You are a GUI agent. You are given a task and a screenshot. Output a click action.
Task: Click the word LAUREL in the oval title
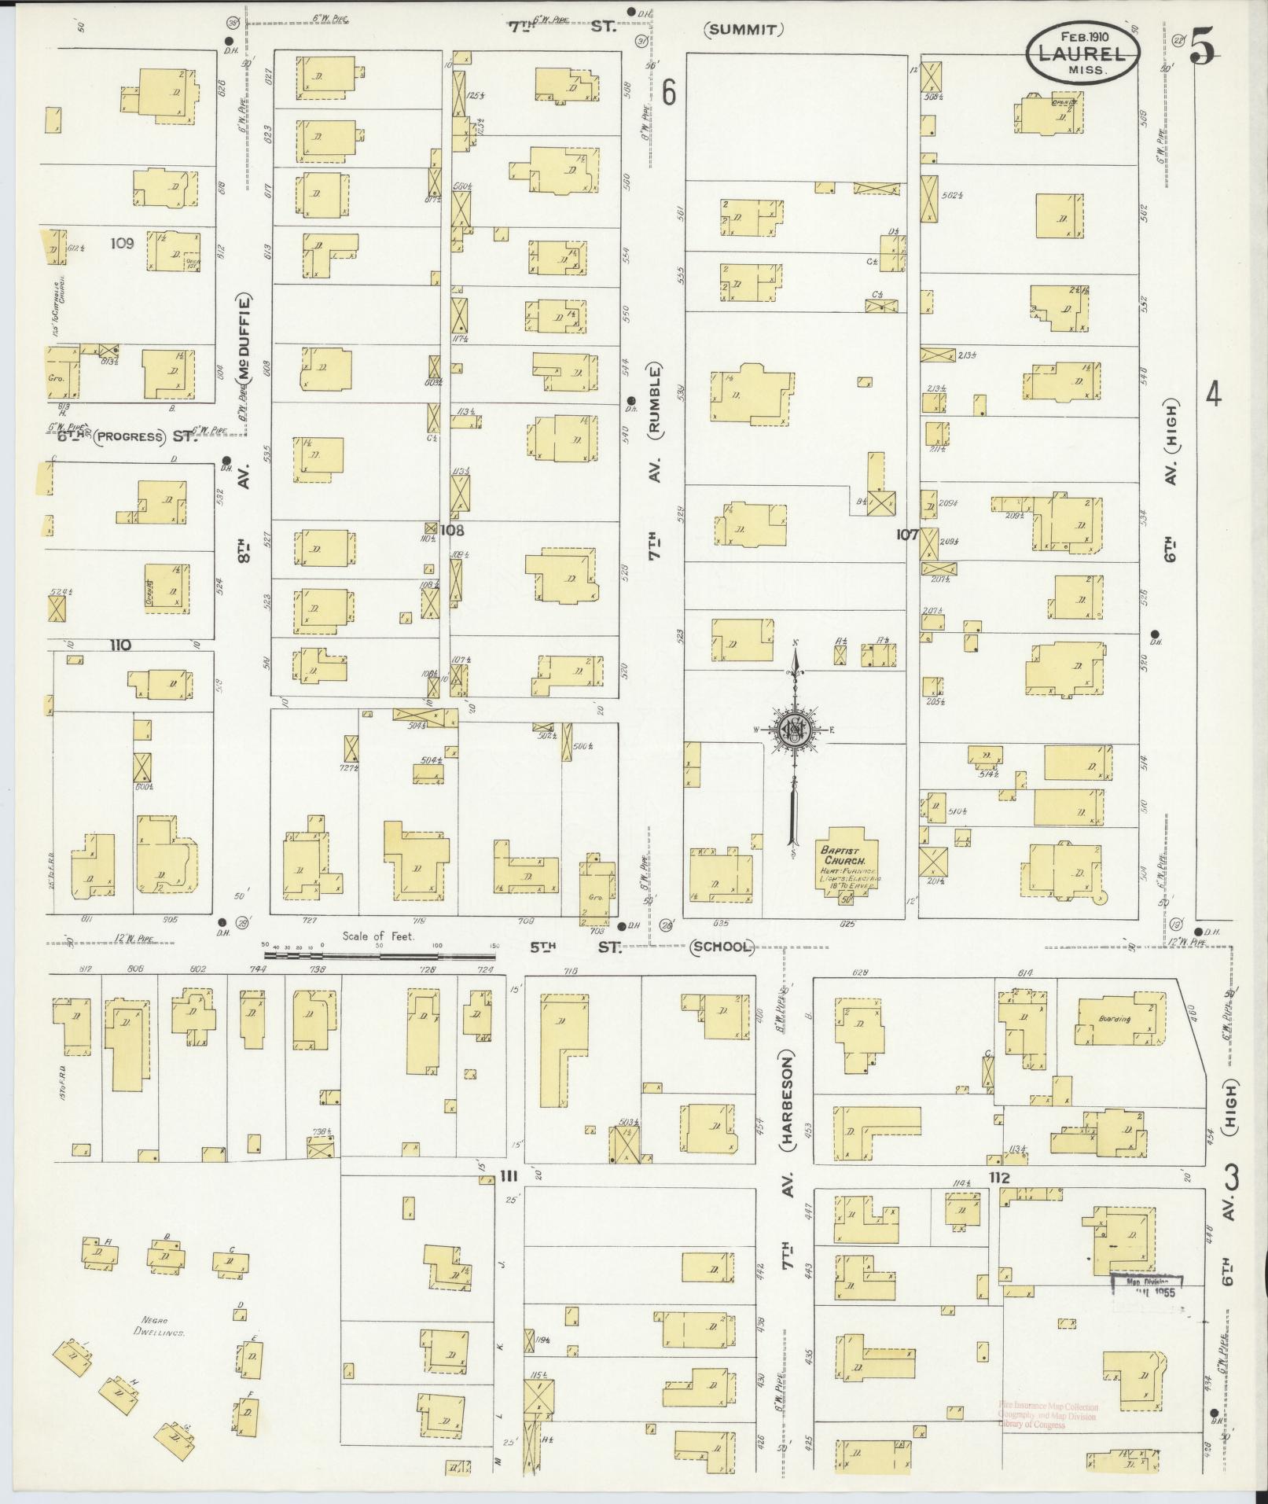click(x=1082, y=53)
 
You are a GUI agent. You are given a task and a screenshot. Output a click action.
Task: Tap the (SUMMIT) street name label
click(x=743, y=30)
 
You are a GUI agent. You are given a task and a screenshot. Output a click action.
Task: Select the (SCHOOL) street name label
click(x=722, y=947)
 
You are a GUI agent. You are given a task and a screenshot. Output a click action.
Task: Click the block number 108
click(x=451, y=530)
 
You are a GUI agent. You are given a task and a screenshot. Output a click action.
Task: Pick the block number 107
click(x=906, y=534)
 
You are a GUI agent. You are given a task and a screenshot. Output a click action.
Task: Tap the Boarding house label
click(x=1114, y=1019)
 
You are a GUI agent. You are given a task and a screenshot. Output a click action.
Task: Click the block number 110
click(x=120, y=645)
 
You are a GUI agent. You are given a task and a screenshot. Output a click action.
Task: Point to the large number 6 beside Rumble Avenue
click(x=668, y=93)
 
